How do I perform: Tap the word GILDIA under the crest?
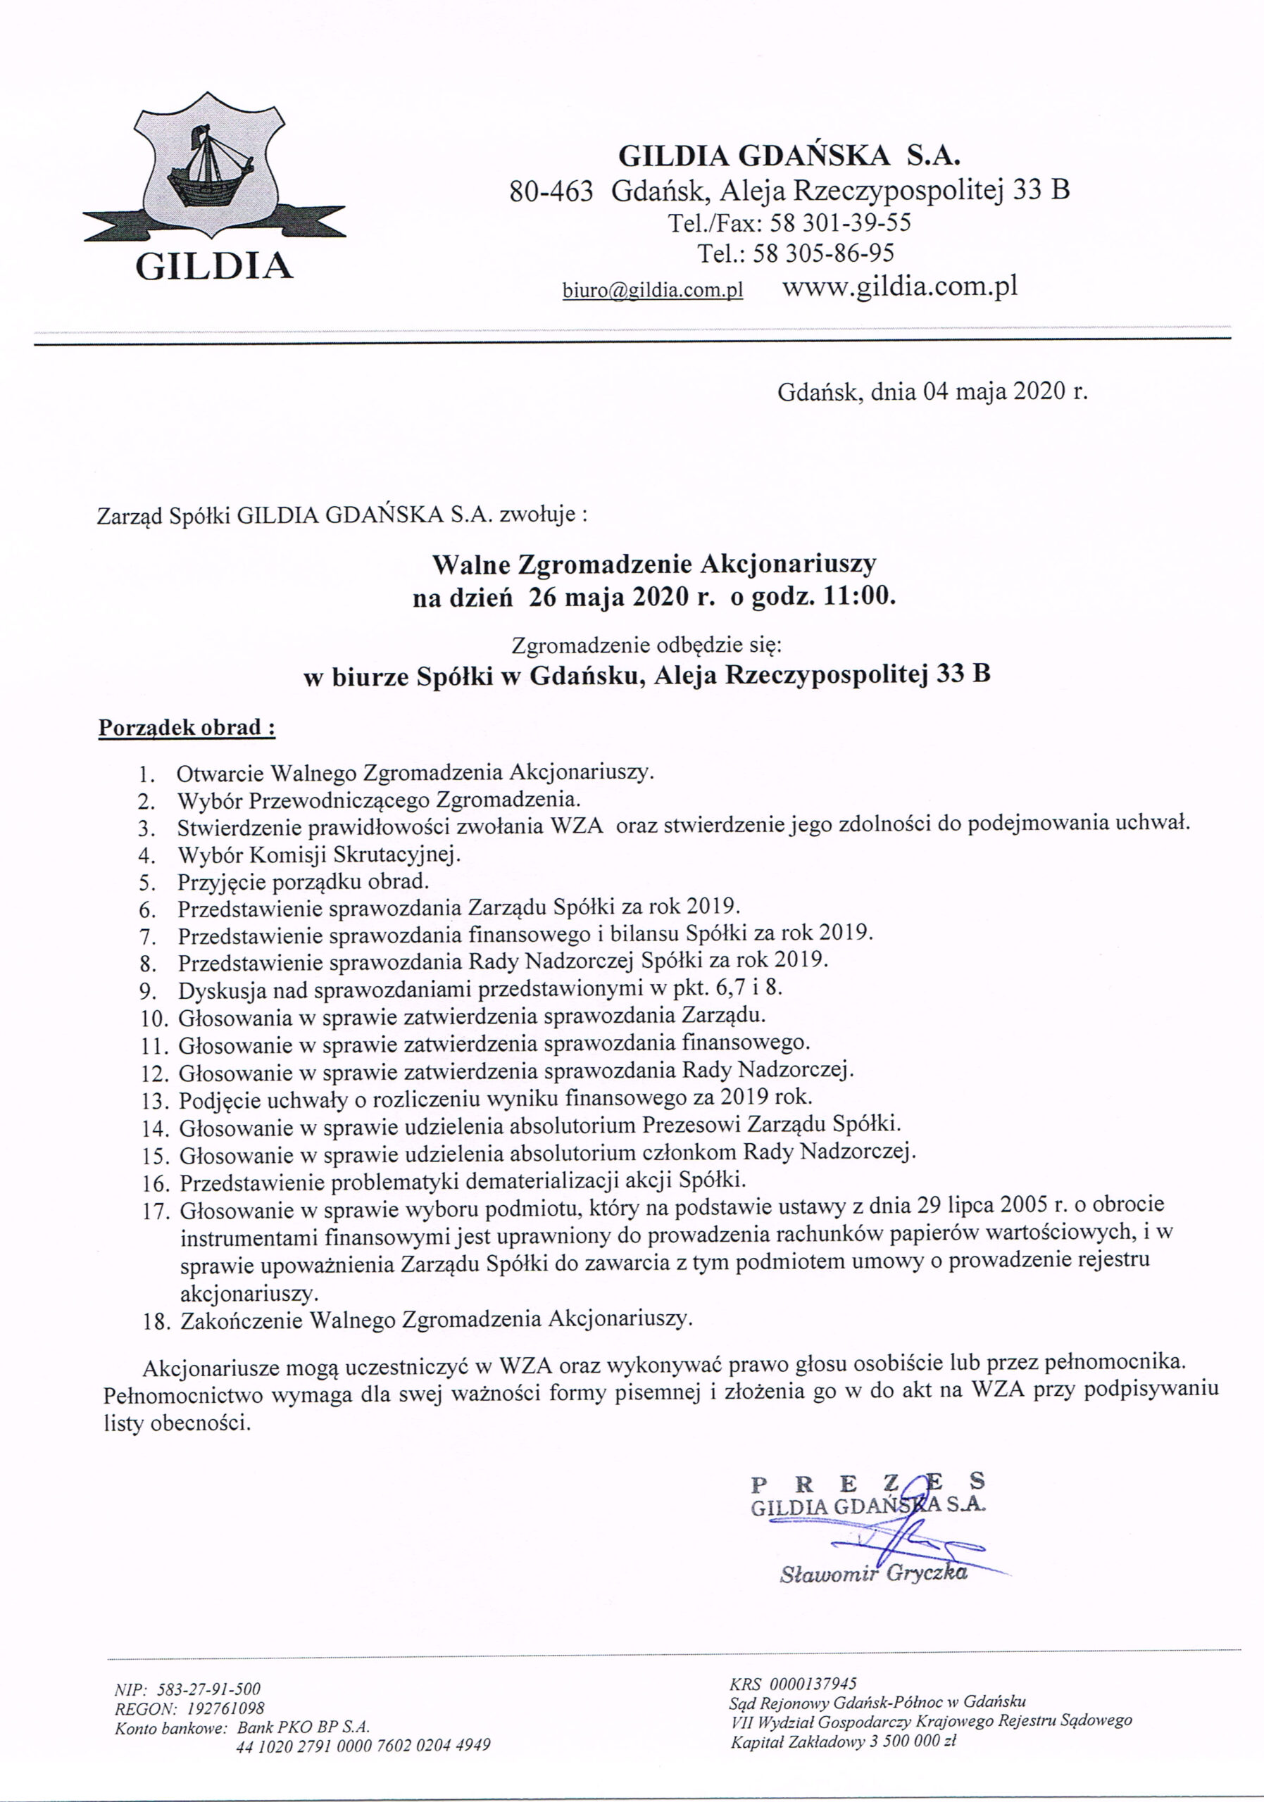(x=214, y=267)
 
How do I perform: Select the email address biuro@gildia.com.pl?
(x=652, y=291)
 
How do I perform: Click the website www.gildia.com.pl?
(x=900, y=286)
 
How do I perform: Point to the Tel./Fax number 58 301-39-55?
(x=840, y=223)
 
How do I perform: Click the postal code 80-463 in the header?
(x=551, y=190)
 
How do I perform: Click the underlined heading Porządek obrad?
(x=187, y=728)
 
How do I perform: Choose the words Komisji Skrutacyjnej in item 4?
(x=354, y=854)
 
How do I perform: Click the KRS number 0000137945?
(x=814, y=1684)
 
